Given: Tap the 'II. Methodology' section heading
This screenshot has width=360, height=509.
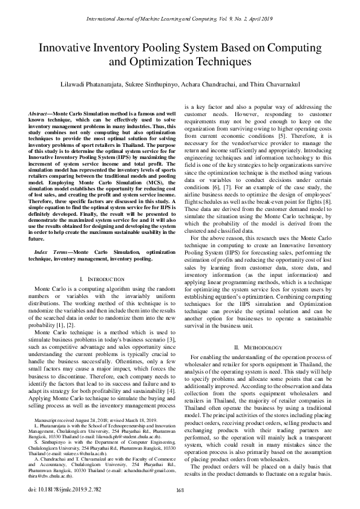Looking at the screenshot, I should [x=258, y=348].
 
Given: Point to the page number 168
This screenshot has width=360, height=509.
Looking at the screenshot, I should [x=180, y=490].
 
